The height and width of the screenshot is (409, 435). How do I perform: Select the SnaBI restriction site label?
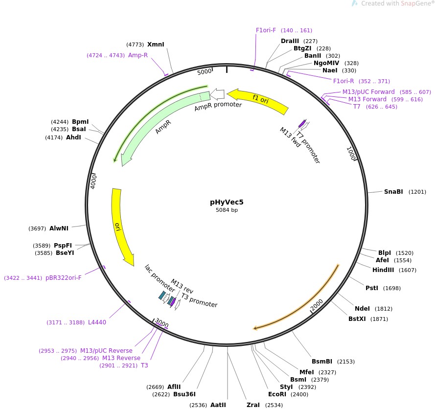[x=393, y=192]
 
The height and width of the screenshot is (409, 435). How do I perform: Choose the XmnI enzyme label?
[x=156, y=45]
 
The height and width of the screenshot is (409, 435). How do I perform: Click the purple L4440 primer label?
[x=97, y=322]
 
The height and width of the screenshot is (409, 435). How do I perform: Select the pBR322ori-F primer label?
[x=64, y=278]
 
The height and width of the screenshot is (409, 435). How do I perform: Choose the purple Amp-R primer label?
[x=138, y=55]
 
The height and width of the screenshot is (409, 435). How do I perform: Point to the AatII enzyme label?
[x=218, y=405]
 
